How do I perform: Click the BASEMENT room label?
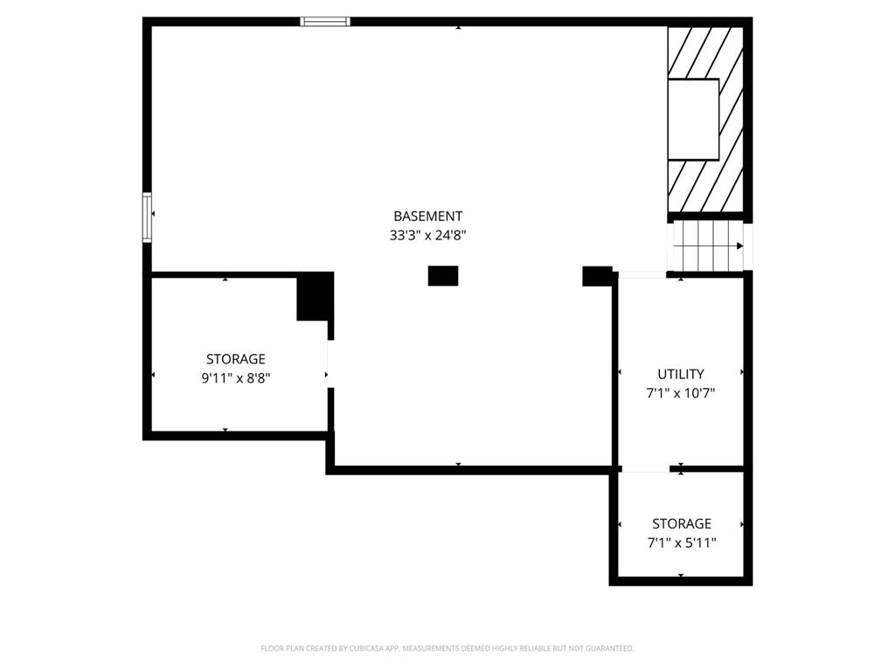(427, 217)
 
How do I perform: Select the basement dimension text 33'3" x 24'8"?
(428, 235)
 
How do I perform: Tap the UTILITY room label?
(680, 374)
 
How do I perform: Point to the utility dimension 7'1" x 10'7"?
(680, 393)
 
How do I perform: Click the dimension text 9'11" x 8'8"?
(236, 377)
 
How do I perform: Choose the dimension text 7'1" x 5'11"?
(682, 543)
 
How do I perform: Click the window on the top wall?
(325, 22)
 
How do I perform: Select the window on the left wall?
(147, 218)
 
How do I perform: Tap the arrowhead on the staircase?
(739, 246)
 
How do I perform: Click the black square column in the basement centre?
(443, 275)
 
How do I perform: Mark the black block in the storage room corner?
(315, 297)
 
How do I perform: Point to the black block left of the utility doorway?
(597, 276)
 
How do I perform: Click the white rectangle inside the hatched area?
(693, 119)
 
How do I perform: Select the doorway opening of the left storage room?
(330, 364)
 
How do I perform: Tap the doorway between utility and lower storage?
(646, 469)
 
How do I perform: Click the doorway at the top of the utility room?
(642, 275)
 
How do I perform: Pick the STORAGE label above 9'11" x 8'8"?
(236, 359)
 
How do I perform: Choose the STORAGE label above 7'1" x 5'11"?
(682, 524)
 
